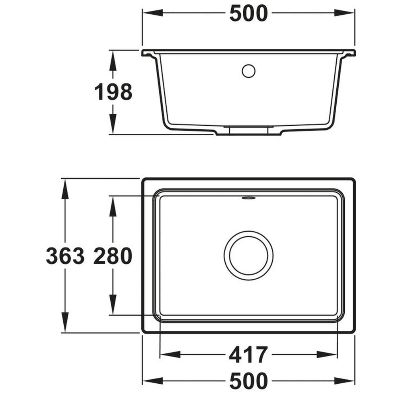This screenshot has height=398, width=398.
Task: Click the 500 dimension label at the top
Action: coord(248,14)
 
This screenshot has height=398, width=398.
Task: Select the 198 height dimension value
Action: coord(113,92)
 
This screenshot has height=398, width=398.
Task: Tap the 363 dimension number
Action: coord(65,256)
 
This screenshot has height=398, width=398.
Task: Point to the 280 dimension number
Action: coord(113,256)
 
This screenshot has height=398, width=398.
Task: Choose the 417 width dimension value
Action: coord(248,355)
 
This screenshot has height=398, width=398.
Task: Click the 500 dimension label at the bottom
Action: coord(248,381)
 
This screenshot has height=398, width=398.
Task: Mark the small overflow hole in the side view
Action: coord(248,71)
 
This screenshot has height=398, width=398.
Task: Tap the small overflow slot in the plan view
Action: coord(248,198)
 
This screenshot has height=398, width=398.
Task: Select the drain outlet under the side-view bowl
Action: coord(248,131)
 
